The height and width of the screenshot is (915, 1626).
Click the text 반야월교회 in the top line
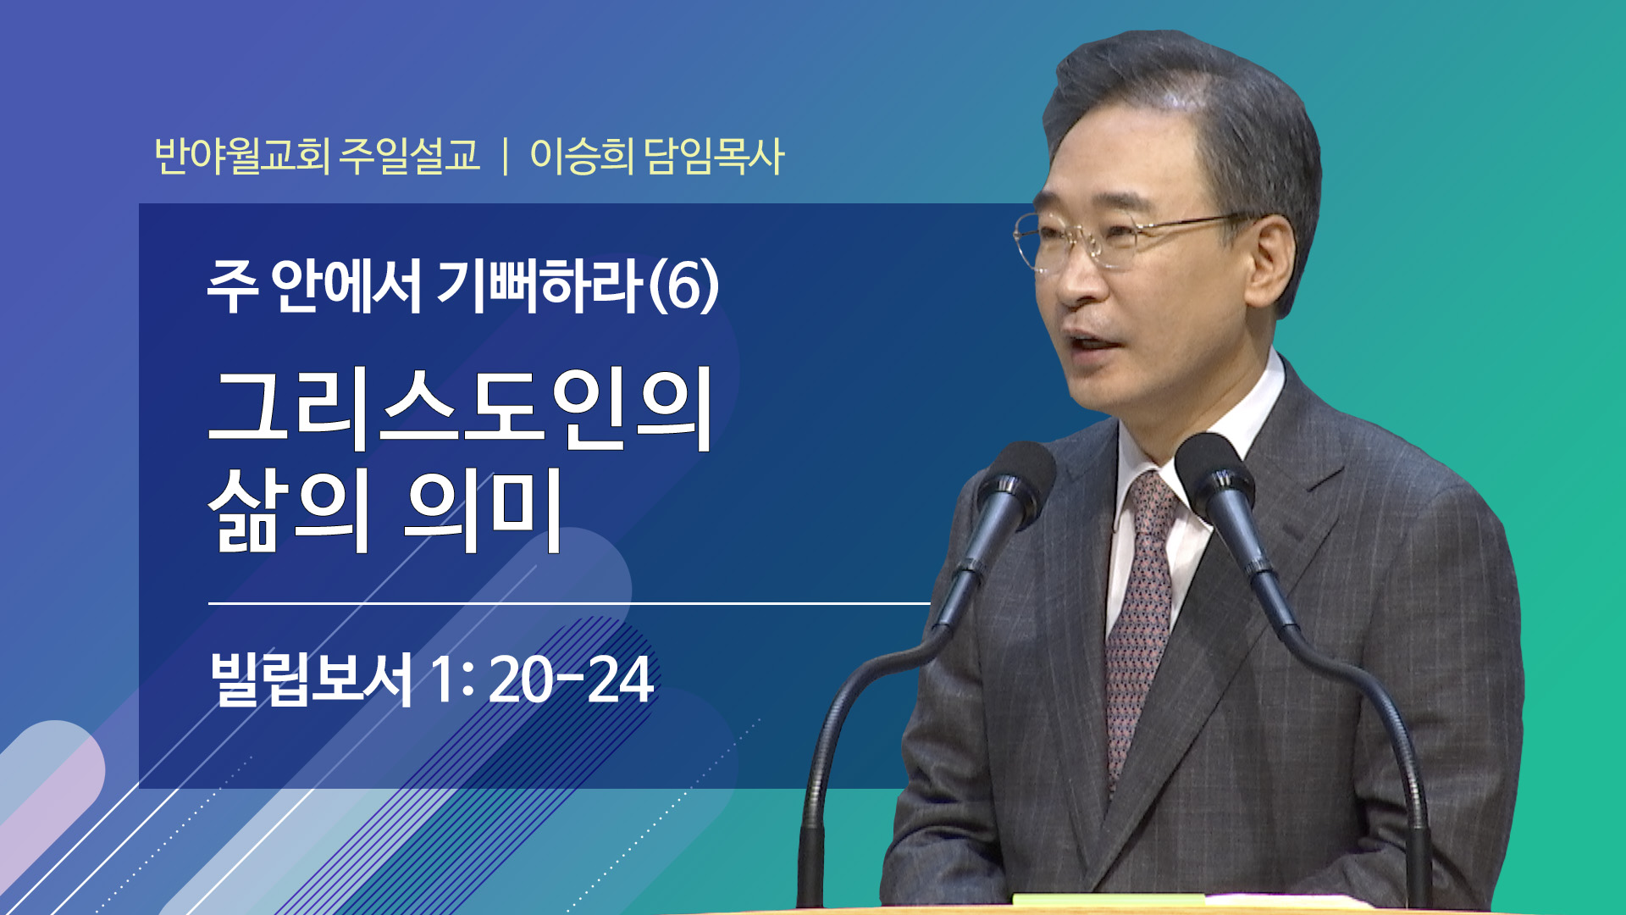(x=242, y=156)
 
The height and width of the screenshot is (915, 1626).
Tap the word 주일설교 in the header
(x=410, y=156)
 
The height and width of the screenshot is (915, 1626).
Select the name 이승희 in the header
(x=582, y=156)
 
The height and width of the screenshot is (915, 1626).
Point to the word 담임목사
(x=715, y=156)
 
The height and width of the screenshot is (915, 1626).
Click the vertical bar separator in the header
(x=506, y=157)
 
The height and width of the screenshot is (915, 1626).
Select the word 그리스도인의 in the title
(x=461, y=408)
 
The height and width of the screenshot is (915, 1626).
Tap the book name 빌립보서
(x=312, y=679)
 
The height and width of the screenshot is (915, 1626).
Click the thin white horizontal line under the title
(x=569, y=603)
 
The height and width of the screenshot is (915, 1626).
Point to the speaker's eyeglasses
(x=1126, y=237)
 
